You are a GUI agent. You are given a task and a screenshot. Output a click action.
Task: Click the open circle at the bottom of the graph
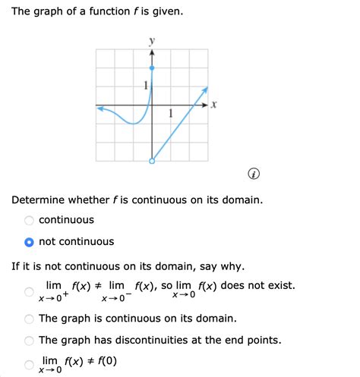tap(152, 161)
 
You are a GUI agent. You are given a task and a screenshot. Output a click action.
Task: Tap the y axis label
tap(152, 39)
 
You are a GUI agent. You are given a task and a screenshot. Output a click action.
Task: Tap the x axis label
tap(214, 106)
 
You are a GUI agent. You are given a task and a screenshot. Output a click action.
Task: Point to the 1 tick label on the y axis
tap(145, 86)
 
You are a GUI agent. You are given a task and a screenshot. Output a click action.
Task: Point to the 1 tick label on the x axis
tap(171, 115)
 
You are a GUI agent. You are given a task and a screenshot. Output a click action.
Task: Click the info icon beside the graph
tap(254, 175)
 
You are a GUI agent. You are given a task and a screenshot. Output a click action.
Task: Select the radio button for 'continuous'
tap(29, 220)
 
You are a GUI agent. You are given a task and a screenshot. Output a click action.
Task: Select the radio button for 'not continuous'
tap(29, 242)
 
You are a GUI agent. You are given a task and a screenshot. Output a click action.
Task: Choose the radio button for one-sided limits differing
tap(29, 291)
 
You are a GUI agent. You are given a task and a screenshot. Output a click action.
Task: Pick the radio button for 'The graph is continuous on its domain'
tap(29, 319)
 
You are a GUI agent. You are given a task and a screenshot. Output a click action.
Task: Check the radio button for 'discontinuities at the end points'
tap(29, 340)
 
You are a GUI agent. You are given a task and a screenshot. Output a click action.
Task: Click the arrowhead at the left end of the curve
tap(99, 108)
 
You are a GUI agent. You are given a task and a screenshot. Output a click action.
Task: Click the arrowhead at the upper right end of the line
tap(205, 90)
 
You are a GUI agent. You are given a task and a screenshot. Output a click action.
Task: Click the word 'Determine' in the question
tap(38, 199)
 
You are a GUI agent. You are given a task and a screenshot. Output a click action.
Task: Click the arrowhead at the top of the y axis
tap(152, 52)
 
